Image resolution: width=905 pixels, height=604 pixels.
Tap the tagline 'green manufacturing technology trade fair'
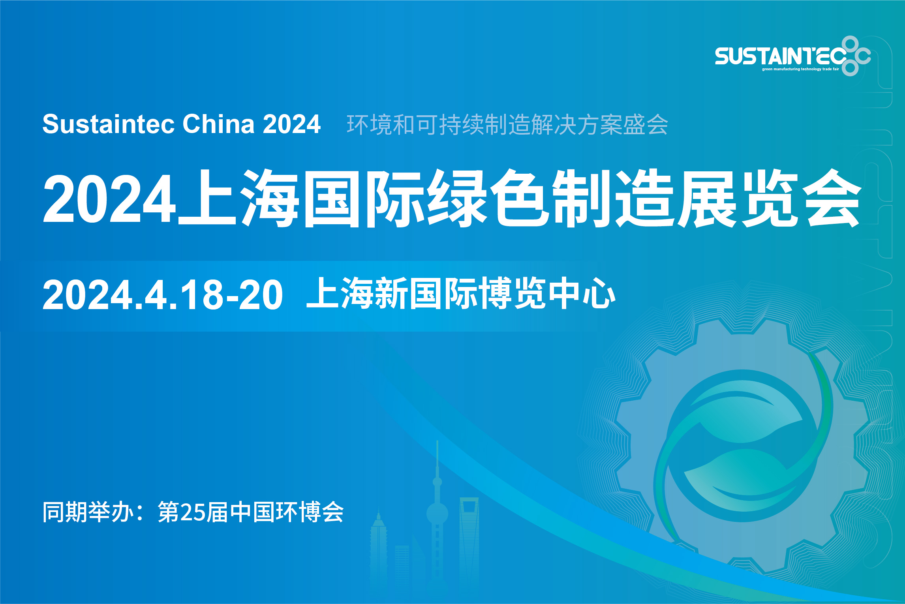[800, 69]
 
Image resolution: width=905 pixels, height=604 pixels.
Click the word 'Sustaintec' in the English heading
[108, 124]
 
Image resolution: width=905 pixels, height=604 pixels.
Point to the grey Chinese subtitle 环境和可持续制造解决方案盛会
[507, 125]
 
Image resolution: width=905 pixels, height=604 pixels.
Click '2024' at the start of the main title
[109, 199]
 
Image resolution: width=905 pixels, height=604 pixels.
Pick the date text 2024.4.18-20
[163, 294]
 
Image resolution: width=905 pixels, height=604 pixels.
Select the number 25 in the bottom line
[192, 513]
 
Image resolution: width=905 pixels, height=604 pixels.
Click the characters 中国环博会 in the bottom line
[287, 512]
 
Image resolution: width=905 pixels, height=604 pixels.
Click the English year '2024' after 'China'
[292, 124]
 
